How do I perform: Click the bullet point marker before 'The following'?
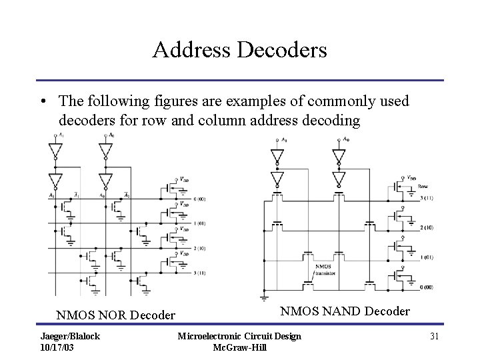[42, 101]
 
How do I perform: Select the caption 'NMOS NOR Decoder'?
[116, 315]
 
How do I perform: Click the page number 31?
[434, 336]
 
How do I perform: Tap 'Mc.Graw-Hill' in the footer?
[239, 347]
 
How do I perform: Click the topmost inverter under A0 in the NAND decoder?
[339, 157]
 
